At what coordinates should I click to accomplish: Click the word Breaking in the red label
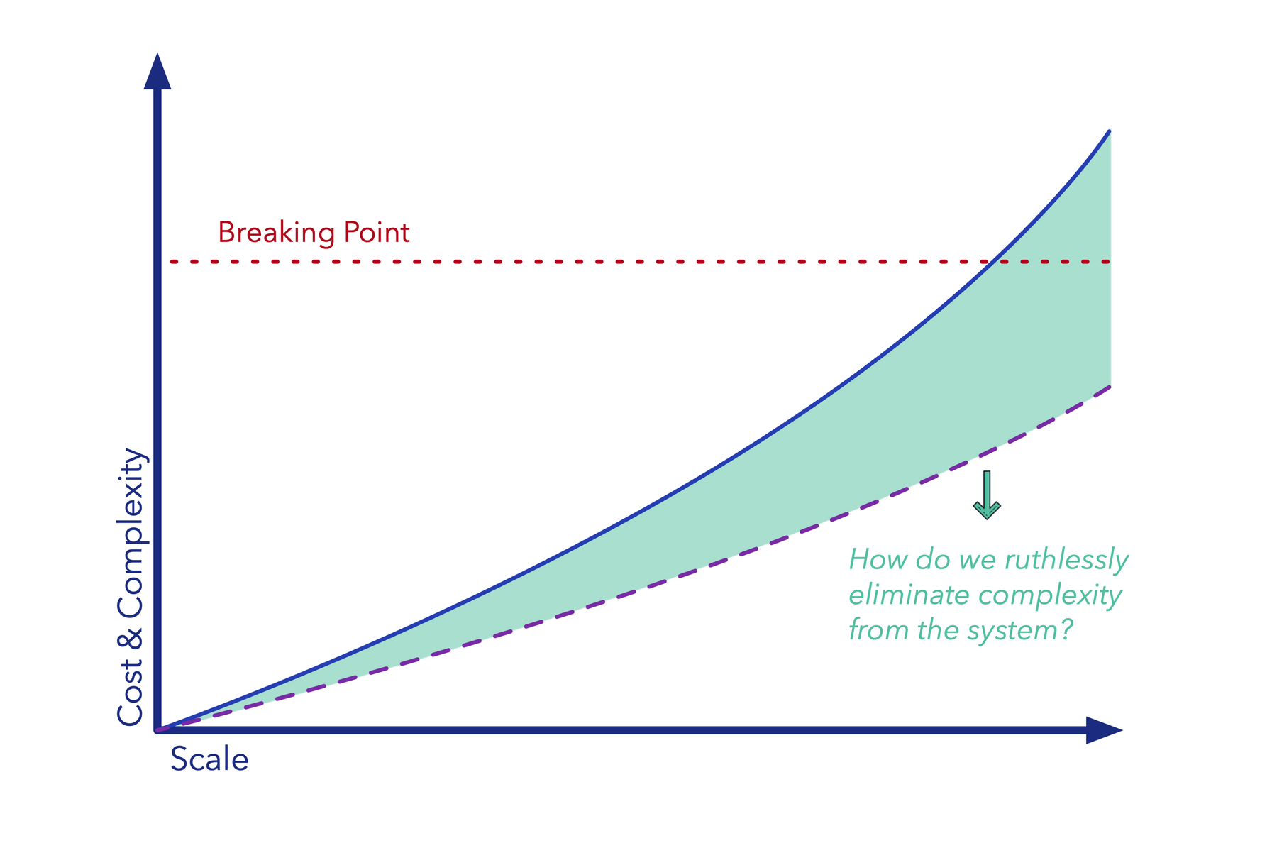pyautogui.click(x=276, y=233)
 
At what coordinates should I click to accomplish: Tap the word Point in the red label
pyautogui.click(x=377, y=233)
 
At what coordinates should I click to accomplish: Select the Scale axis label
pyautogui.click(x=209, y=759)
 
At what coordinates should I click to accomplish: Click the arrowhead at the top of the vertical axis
pyautogui.click(x=157, y=72)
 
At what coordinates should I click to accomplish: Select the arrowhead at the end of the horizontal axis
pyautogui.click(x=1102, y=730)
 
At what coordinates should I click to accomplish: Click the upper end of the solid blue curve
pyautogui.click(x=1108, y=132)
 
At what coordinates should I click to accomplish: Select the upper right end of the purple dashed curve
pyautogui.click(x=1108, y=387)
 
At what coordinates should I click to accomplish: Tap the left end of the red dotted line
pyautogui.click(x=172, y=262)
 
